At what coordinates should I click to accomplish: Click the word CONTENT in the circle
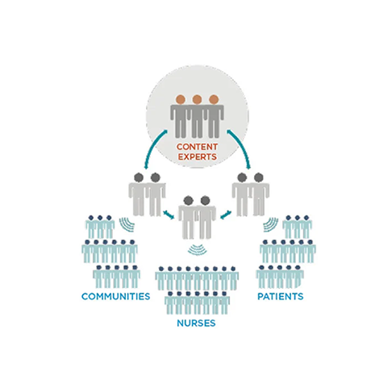[197, 147]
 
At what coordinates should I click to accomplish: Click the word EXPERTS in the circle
[197, 156]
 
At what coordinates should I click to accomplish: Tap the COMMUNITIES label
[115, 296]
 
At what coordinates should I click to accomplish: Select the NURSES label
[196, 323]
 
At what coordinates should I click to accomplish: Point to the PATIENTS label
[281, 296]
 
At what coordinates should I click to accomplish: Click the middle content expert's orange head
[197, 99]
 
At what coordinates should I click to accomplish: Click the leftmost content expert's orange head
[181, 99]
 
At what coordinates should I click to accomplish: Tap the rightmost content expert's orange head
[214, 99]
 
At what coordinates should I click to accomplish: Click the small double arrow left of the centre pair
[169, 215]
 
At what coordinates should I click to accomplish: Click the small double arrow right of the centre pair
[226, 215]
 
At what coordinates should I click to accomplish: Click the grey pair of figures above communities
[147, 194]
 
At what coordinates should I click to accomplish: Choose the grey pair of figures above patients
[251, 194]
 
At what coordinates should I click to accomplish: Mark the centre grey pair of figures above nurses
[197, 217]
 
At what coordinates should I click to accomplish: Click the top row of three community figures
[100, 227]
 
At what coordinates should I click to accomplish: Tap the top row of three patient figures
[297, 227]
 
